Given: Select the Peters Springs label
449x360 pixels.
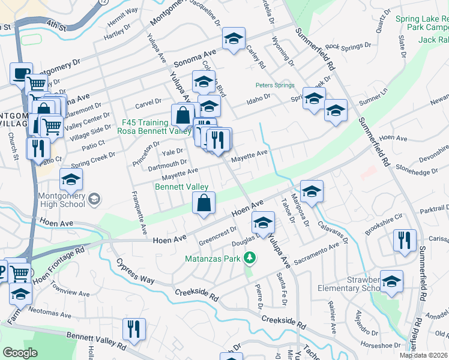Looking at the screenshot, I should [275, 85].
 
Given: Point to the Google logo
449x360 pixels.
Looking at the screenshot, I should [20, 353].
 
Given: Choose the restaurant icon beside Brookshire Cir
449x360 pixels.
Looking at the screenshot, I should [405, 241].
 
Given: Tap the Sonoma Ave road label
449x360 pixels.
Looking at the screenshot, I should [194, 58].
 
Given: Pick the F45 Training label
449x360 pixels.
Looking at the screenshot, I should [145, 122].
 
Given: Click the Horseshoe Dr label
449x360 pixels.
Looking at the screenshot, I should [381, 344].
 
